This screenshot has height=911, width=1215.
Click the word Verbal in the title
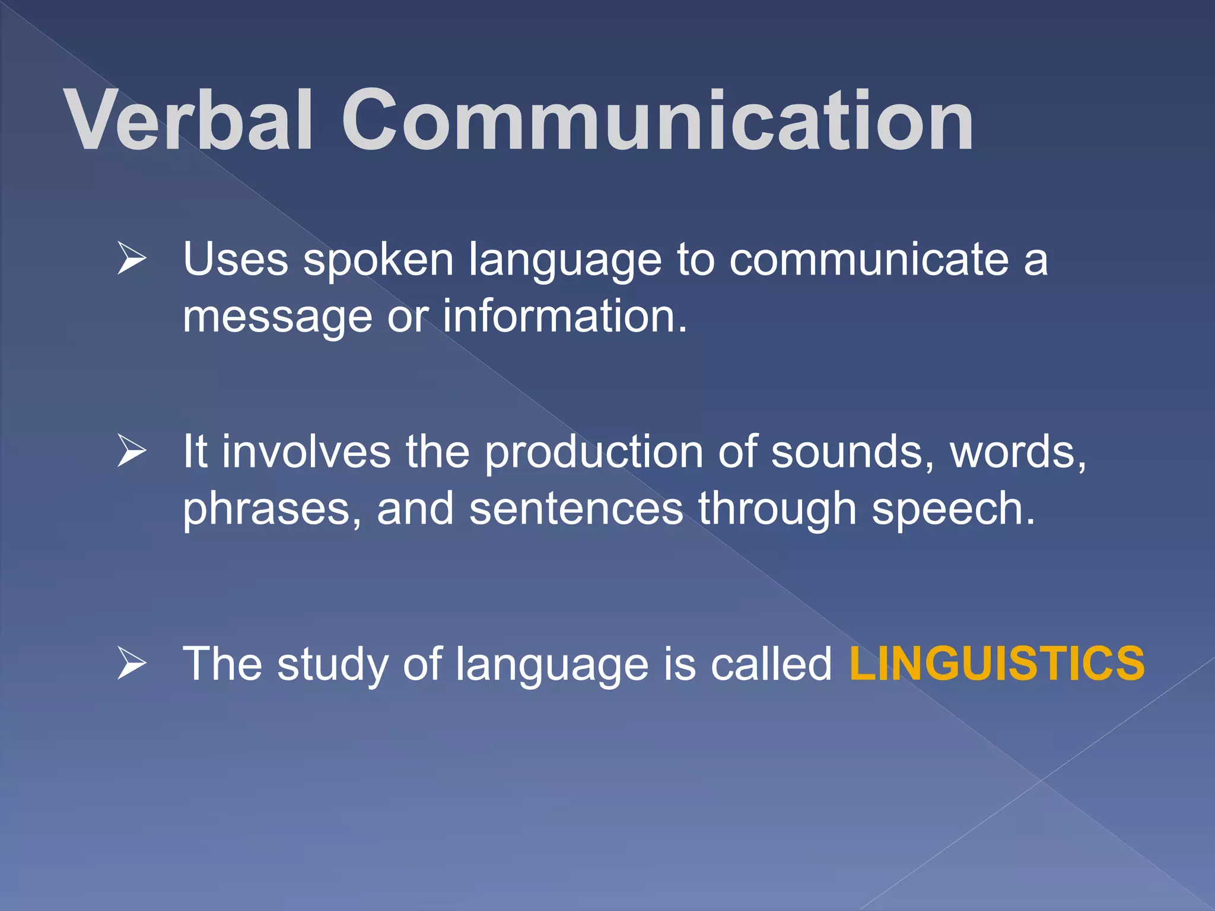click(x=188, y=120)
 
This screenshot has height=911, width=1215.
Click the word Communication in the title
click(x=657, y=120)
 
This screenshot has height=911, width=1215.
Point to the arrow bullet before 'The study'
click(x=131, y=662)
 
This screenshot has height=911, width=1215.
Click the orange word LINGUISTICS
click(x=997, y=663)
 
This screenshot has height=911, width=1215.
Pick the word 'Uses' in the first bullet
click(x=236, y=259)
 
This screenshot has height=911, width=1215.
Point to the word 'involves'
click(x=306, y=452)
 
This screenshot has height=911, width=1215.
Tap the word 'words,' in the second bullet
click(x=1018, y=452)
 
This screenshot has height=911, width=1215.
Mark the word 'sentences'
click(x=576, y=509)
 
